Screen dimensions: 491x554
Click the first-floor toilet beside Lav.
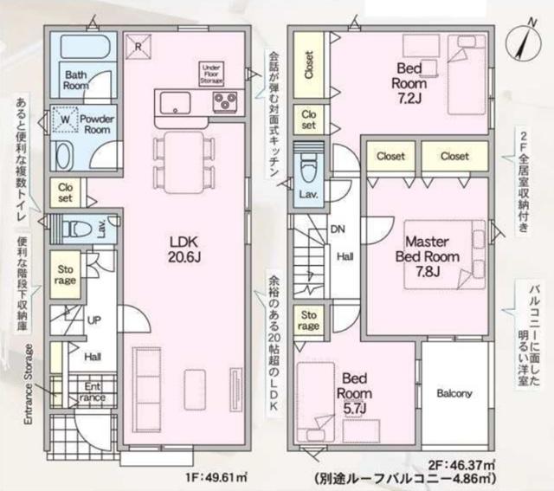pyautogui.click(x=78, y=228)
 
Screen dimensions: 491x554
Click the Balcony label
pyautogui.click(x=454, y=394)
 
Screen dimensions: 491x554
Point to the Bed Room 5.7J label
pyautogui.click(x=355, y=393)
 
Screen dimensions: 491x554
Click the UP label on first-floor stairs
pyautogui.click(x=94, y=320)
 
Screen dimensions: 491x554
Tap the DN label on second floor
pyautogui.click(x=338, y=230)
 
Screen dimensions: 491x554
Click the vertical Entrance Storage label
pyautogui.click(x=28, y=381)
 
